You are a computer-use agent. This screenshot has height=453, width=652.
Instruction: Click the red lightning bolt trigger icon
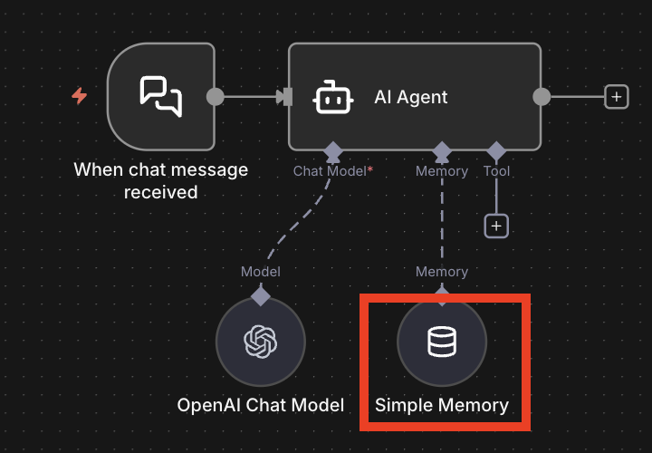point(80,96)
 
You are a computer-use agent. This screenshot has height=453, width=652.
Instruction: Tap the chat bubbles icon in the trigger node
point(160,96)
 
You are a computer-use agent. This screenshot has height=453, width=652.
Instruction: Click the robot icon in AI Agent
point(332,97)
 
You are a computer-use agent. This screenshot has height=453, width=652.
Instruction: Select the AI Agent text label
point(410,97)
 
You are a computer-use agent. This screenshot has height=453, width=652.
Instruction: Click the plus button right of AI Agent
point(617,97)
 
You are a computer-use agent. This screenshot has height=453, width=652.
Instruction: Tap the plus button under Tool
point(496,226)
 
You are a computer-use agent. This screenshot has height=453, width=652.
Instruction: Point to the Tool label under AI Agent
point(496,170)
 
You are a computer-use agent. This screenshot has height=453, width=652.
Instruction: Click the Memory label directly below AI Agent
point(442,170)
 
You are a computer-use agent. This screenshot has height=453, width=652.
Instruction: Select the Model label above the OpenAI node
point(261,272)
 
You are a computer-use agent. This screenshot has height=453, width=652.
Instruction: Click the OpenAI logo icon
point(261,342)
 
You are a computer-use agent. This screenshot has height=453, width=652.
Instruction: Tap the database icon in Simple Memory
point(442,342)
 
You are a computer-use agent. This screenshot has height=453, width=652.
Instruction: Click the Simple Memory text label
point(442,405)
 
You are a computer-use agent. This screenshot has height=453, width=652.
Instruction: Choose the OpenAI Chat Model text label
point(261,405)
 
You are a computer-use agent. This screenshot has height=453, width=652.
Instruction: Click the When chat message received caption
point(161,179)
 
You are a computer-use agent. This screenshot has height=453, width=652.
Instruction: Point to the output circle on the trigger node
point(216,96)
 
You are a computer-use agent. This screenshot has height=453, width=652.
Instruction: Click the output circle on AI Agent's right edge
point(542,96)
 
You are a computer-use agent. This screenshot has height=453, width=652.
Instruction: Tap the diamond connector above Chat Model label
point(332,149)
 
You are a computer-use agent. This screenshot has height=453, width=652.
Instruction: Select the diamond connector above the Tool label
point(496,149)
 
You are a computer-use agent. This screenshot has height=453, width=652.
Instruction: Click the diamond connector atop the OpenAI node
point(261,294)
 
